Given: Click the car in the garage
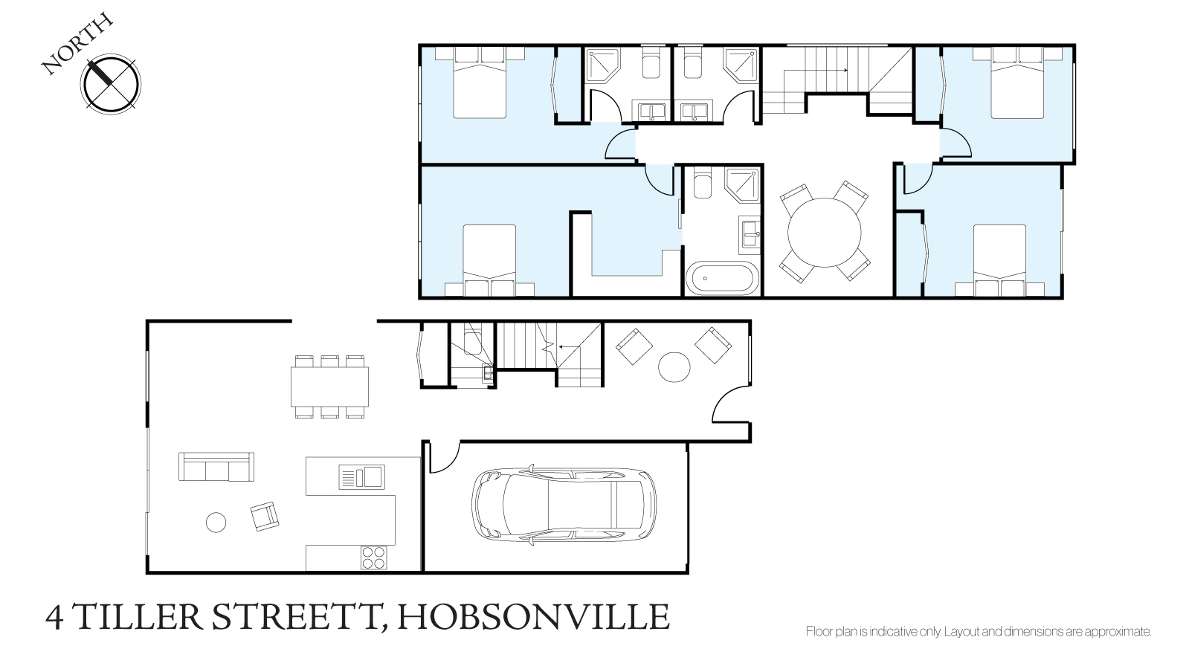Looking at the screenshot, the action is tap(564, 505).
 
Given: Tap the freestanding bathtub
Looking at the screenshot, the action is tap(723, 277).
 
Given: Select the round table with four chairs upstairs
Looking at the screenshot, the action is tap(825, 233).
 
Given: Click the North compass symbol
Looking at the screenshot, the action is tap(110, 84).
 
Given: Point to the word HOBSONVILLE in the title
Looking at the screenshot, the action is tap(533, 617).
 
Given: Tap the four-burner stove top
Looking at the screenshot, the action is tap(374, 557).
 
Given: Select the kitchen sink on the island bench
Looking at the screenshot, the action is tap(361, 476).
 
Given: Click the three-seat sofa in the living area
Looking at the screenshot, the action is tap(216, 467).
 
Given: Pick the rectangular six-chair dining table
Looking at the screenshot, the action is tap(329, 387).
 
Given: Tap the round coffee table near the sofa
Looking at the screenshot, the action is tap(216, 522).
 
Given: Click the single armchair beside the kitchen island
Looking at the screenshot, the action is tap(265, 516).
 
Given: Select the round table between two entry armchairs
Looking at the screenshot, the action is tap(674, 367).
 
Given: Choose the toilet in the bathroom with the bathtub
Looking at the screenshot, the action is tap(702, 182).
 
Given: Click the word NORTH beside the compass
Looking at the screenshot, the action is tap(77, 44).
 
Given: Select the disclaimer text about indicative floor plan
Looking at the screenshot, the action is tap(979, 631).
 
